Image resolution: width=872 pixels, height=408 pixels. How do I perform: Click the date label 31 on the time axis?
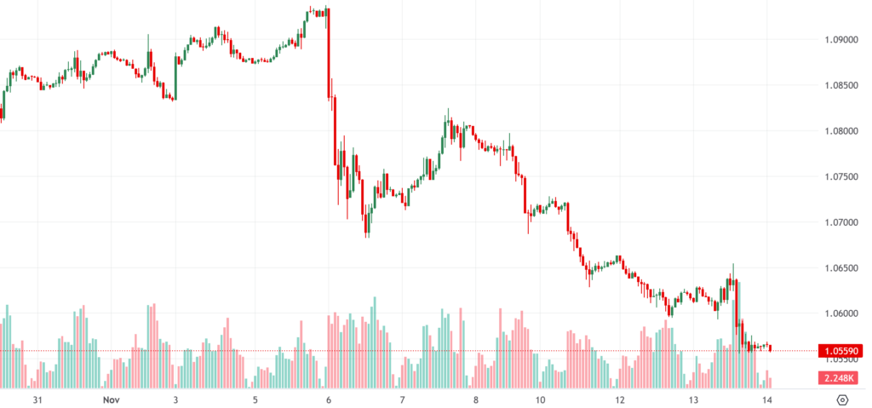point(37,399)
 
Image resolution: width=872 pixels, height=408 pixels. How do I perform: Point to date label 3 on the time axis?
point(175,399)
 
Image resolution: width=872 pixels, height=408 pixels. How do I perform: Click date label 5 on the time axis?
point(255,399)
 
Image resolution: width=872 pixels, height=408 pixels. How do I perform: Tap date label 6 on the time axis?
point(329,399)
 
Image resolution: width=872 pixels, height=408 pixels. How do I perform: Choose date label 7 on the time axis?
point(401,399)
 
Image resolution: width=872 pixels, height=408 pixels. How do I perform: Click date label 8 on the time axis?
point(475,399)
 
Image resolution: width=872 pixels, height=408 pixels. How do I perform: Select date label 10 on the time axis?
point(539,399)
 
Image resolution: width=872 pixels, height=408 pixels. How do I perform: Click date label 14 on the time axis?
point(767,399)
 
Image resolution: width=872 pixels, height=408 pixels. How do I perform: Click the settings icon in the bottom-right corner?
point(842,399)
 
